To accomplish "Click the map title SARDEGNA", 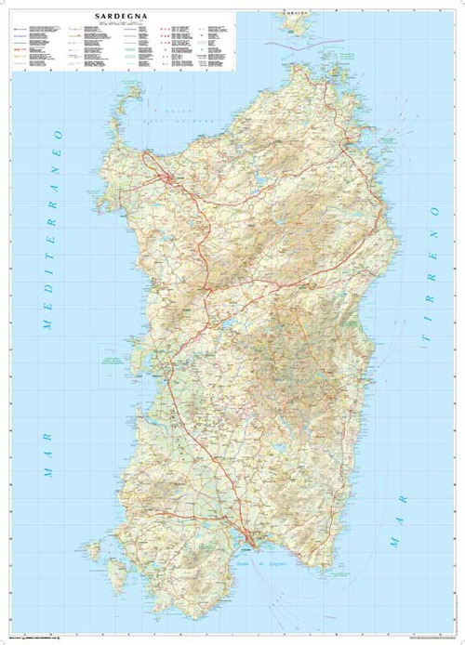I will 119,17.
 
